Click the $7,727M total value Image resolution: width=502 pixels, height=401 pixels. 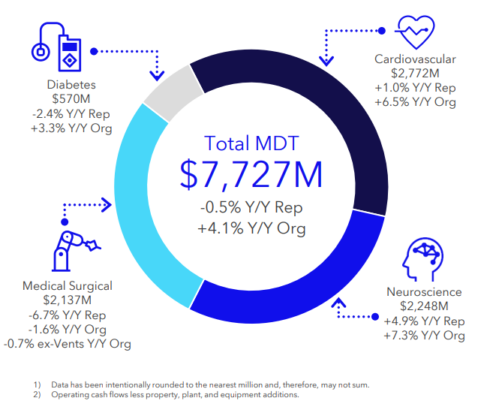point(251,173)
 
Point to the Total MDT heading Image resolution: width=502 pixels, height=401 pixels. point(251,143)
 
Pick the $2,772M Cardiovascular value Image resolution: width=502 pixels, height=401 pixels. point(415,74)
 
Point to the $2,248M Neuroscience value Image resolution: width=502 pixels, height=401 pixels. point(424,306)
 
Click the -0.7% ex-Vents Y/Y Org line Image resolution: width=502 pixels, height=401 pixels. point(68,344)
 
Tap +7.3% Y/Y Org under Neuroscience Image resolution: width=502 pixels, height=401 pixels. point(424,336)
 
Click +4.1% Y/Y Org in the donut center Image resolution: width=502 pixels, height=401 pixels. point(251,228)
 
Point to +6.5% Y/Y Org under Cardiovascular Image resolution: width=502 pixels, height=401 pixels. point(415,102)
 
